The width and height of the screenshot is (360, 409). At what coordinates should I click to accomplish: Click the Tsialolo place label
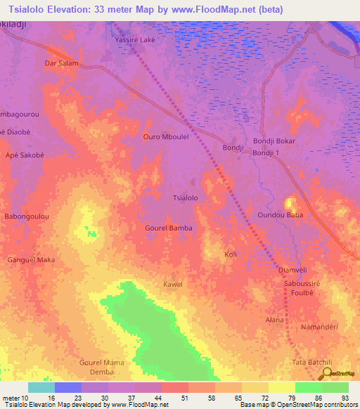coord(186,198)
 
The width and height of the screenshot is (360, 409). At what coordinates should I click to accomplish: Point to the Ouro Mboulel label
coord(166,137)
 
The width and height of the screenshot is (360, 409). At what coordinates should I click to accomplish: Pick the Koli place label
coord(230,254)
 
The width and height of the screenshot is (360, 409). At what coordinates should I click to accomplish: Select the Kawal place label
coord(173,284)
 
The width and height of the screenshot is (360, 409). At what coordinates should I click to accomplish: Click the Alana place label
coord(274,320)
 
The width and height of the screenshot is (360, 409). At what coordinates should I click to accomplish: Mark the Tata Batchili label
coord(311,362)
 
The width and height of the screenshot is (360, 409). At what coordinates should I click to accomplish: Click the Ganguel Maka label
coord(31,260)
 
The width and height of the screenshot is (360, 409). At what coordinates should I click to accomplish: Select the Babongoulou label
coord(27,217)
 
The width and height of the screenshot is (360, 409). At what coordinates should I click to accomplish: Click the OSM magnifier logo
coord(326,373)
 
